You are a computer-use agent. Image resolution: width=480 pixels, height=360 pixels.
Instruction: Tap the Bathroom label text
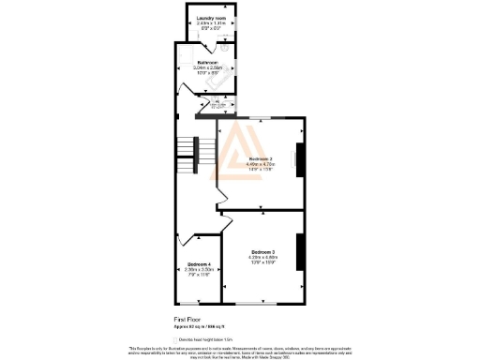(206, 62)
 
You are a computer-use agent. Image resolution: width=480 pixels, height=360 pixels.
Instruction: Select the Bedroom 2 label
(261, 159)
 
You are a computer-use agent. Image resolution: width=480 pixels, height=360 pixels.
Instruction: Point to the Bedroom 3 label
(262, 251)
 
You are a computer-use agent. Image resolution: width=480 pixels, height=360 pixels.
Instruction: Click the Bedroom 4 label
(198, 263)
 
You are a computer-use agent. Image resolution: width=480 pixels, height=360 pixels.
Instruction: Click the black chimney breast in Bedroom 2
(300, 161)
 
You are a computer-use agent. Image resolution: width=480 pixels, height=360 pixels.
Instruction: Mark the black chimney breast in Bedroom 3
(300, 250)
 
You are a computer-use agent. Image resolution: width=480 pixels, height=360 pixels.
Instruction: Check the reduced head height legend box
(175, 337)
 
